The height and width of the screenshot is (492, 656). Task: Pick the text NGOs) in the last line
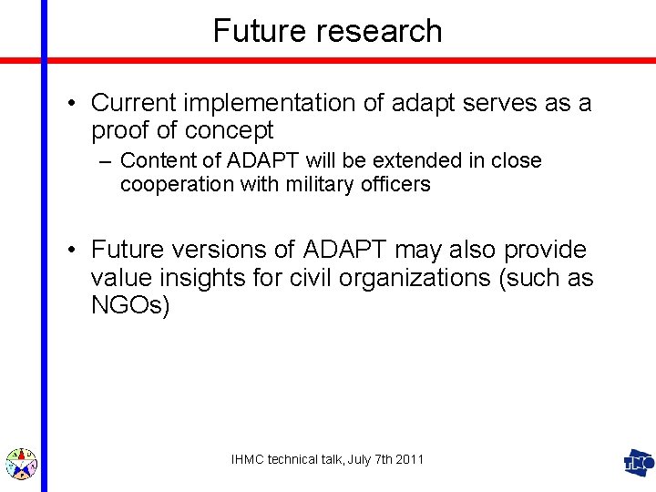tap(130, 305)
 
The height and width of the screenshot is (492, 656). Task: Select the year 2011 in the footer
tap(409, 460)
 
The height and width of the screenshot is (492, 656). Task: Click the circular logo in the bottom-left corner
tap(21, 463)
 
